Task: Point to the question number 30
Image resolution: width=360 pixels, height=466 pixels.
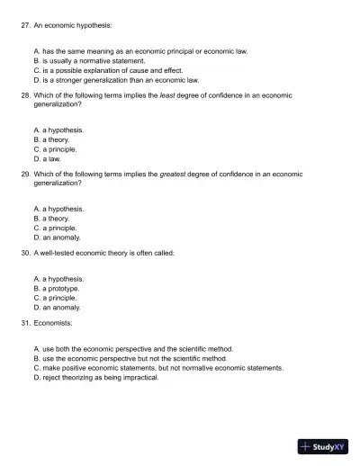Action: [24, 254]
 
